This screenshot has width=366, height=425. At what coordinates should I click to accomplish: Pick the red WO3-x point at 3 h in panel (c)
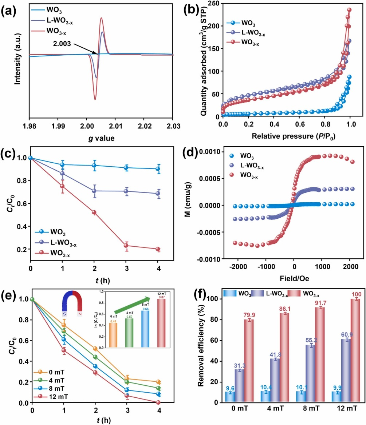click(126, 246)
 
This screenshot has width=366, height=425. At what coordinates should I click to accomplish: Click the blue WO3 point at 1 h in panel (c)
click(62, 164)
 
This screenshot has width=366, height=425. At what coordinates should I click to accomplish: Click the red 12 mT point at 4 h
click(158, 402)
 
